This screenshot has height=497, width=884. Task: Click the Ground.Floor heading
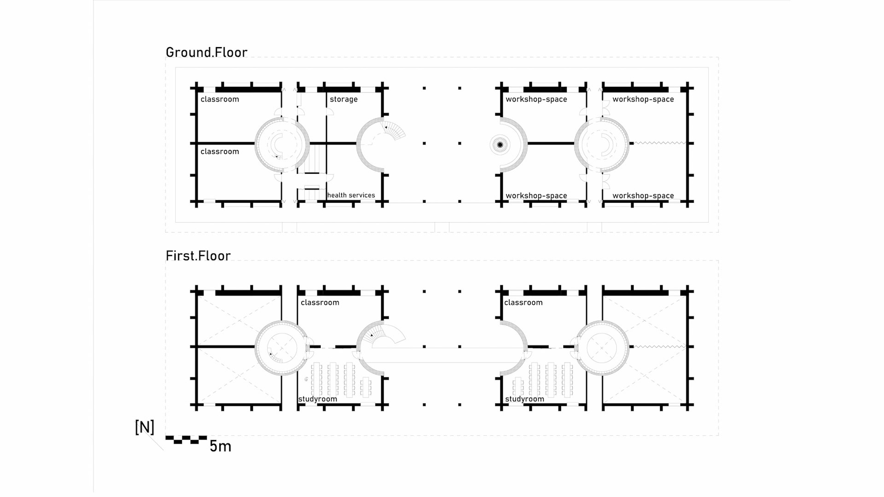(x=206, y=52)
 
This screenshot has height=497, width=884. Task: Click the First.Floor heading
(x=198, y=256)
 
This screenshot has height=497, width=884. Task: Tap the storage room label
(x=343, y=99)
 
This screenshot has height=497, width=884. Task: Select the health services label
(x=351, y=195)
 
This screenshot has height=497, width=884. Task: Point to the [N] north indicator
(x=144, y=428)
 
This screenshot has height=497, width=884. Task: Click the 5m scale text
(x=220, y=446)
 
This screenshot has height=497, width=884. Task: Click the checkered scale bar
(x=186, y=440)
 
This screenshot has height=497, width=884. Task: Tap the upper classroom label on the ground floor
(x=220, y=99)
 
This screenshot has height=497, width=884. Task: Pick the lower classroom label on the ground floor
(x=220, y=152)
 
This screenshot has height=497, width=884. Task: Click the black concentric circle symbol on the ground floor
(x=500, y=145)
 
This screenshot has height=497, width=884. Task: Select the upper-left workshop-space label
(x=536, y=99)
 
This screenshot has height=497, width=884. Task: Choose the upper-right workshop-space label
(x=643, y=99)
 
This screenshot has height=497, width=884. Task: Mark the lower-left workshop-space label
(x=536, y=196)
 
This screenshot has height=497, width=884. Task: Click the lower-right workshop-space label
(x=643, y=196)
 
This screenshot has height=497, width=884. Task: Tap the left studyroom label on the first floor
(x=318, y=399)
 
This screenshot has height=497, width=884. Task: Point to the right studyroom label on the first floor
(x=524, y=399)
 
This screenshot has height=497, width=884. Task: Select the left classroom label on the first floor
(x=320, y=303)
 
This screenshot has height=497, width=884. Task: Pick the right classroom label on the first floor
(x=523, y=303)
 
